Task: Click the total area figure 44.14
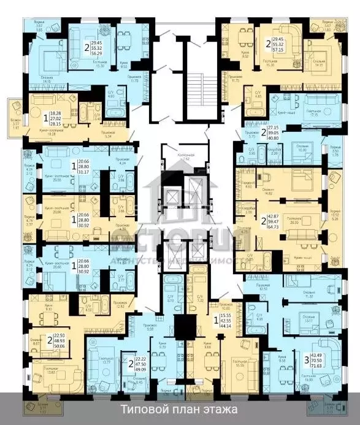tap(224, 324)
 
